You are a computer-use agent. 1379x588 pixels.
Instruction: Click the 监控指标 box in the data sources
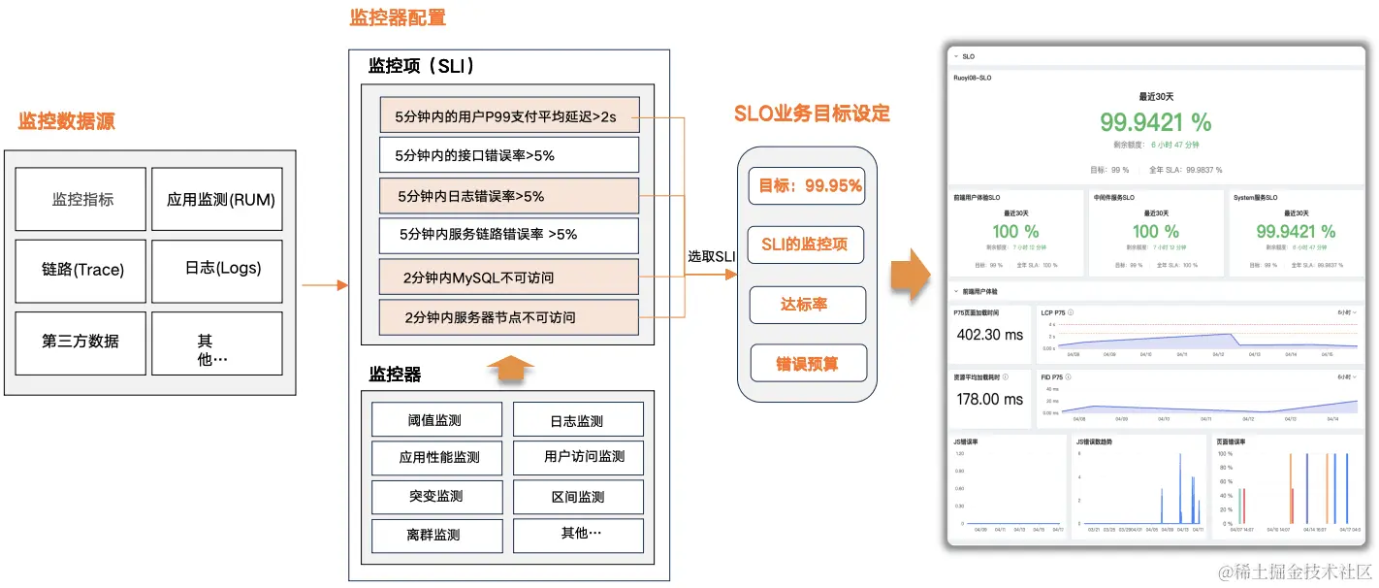[81, 200]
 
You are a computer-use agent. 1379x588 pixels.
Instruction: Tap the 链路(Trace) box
[81, 271]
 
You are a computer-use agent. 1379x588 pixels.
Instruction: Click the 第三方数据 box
[81, 342]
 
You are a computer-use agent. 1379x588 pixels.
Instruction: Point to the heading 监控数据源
[67, 121]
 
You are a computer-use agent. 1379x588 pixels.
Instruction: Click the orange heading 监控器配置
[398, 17]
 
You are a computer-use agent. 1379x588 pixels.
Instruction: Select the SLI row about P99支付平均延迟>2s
[509, 114]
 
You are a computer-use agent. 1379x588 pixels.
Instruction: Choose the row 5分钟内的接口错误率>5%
[509, 154]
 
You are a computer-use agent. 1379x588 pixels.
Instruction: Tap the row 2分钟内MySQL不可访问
[509, 278]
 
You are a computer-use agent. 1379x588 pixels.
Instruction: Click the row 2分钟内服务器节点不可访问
[509, 317]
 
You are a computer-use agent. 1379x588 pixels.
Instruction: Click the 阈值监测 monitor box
[436, 420]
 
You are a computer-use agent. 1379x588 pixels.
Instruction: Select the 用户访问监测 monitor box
[578, 457]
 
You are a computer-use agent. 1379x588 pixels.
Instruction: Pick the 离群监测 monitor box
[436, 535]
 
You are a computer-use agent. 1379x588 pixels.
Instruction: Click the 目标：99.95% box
[806, 185]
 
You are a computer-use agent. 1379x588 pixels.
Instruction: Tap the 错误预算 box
[806, 364]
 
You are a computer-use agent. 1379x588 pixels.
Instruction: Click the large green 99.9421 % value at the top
[1155, 121]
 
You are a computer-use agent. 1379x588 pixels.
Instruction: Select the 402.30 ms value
[990, 334]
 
